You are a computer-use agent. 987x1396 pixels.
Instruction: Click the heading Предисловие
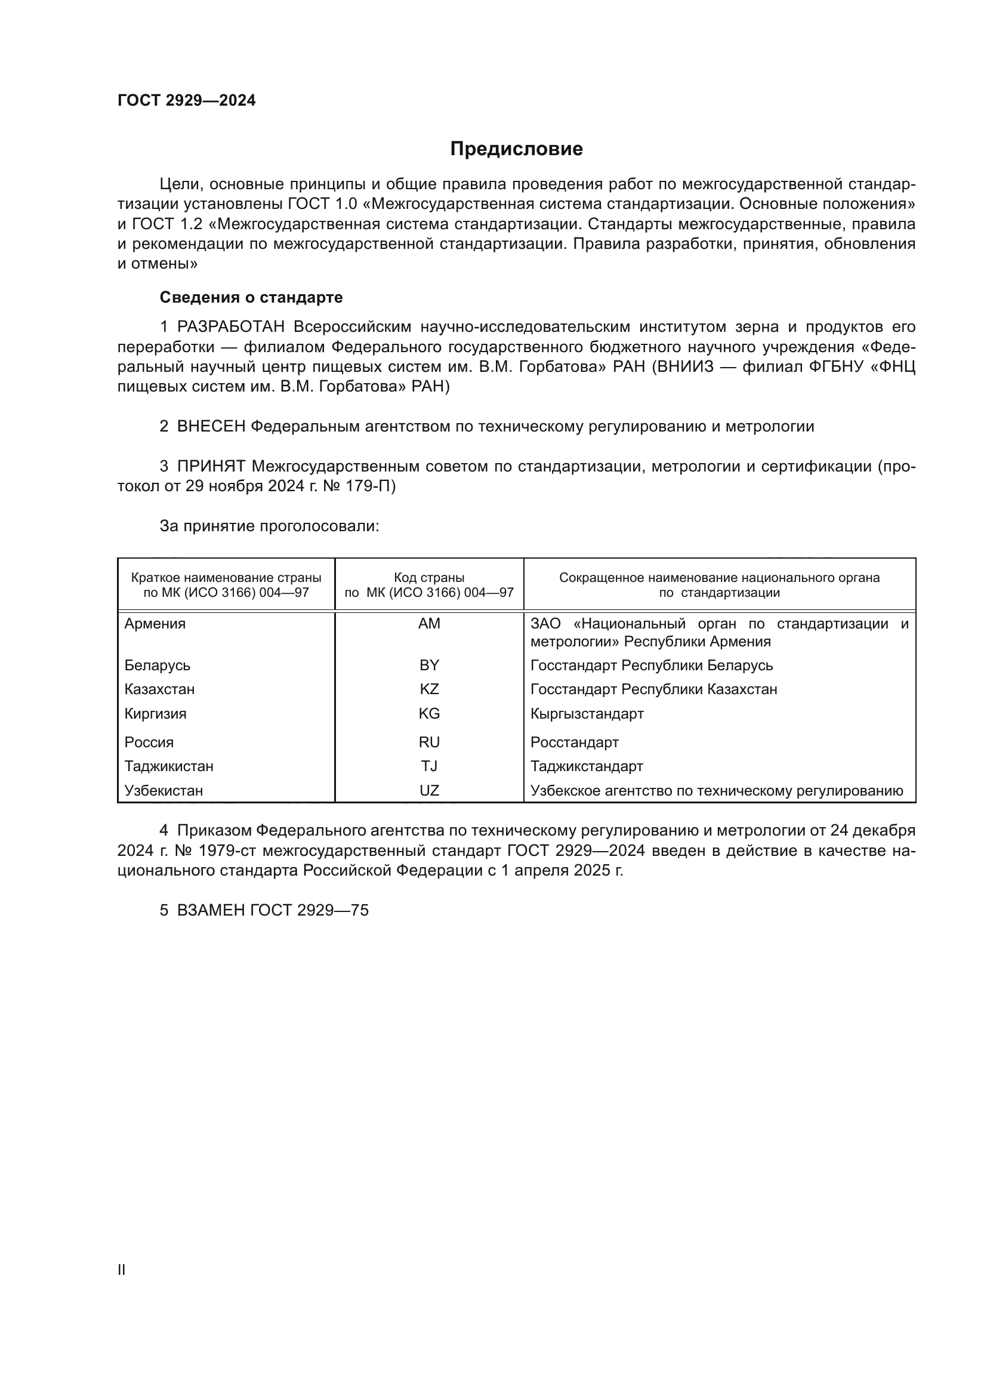coord(516,149)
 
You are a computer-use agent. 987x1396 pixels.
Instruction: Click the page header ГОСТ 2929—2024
coord(187,101)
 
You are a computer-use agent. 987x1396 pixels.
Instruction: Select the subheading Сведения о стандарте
coord(251,297)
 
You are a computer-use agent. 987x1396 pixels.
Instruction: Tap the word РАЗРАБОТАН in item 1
coord(231,327)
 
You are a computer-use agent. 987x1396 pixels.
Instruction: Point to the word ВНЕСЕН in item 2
coord(211,427)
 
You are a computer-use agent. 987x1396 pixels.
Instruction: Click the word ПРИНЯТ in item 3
coord(211,467)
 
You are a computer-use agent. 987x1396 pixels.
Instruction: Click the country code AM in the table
coord(429,624)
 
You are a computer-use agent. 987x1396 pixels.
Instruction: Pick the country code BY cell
coord(429,665)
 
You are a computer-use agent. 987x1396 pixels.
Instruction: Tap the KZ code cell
coord(429,689)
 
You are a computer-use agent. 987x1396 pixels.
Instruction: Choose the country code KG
coord(429,714)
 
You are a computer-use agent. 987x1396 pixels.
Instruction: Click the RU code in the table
coord(429,742)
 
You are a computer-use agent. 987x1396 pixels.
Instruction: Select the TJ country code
coord(429,766)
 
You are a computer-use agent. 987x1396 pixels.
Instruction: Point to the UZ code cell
coord(429,790)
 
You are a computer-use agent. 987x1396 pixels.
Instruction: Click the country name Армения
coord(155,624)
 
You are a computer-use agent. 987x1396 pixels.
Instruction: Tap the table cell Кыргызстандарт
coord(587,714)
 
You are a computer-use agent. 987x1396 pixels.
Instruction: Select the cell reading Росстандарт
coord(574,742)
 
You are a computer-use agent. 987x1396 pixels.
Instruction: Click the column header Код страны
coord(429,578)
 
